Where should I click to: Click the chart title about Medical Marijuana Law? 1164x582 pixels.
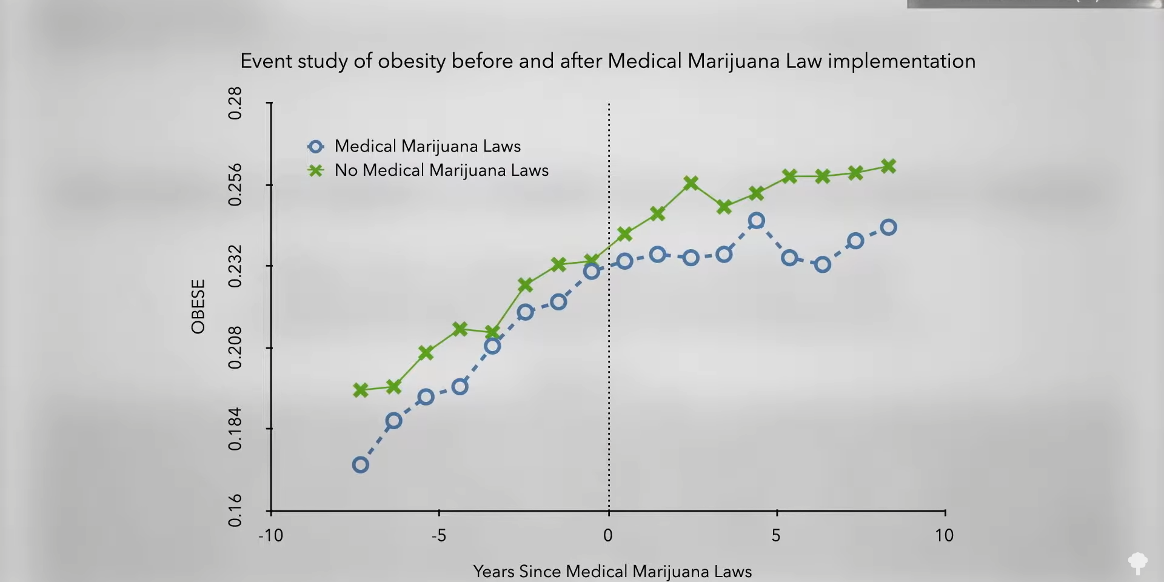pyautogui.click(x=607, y=61)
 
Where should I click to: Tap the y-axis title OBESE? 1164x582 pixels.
pyautogui.click(x=198, y=306)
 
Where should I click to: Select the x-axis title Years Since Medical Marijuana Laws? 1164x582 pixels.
pyautogui.click(x=612, y=571)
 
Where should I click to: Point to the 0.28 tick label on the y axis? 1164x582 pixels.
pyautogui.click(x=235, y=103)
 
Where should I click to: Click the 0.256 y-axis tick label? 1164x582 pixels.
pyautogui.click(x=235, y=185)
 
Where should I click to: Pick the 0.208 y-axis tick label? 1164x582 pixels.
pyautogui.click(x=235, y=348)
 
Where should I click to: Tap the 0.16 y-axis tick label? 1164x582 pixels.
pyautogui.click(x=235, y=510)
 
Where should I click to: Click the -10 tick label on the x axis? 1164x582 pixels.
pyautogui.click(x=270, y=535)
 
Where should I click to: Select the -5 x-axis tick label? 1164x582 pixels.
pyautogui.click(x=438, y=535)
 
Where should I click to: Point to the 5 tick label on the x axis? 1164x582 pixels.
pyautogui.click(x=776, y=535)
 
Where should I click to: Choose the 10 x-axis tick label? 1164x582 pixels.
pyautogui.click(x=944, y=535)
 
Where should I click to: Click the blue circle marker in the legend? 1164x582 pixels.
pyautogui.click(x=316, y=147)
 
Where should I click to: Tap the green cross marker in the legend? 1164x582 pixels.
pyautogui.click(x=316, y=170)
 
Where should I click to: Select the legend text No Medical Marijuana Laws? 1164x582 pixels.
pyautogui.click(x=441, y=170)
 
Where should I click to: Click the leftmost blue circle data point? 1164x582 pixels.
pyautogui.click(x=360, y=465)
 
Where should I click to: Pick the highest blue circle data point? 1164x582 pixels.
pyautogui.click(x=756, y=221)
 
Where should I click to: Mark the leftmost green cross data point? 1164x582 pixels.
pyautogui.click(x=360, y=390)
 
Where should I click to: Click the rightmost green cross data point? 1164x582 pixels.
pyautogui.click(x=888, y=166)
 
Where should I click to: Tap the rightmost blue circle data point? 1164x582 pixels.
pyautogui.click(x=888, y=227)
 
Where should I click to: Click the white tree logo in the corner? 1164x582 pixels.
pyautogui.click(x=1137, y=562)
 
